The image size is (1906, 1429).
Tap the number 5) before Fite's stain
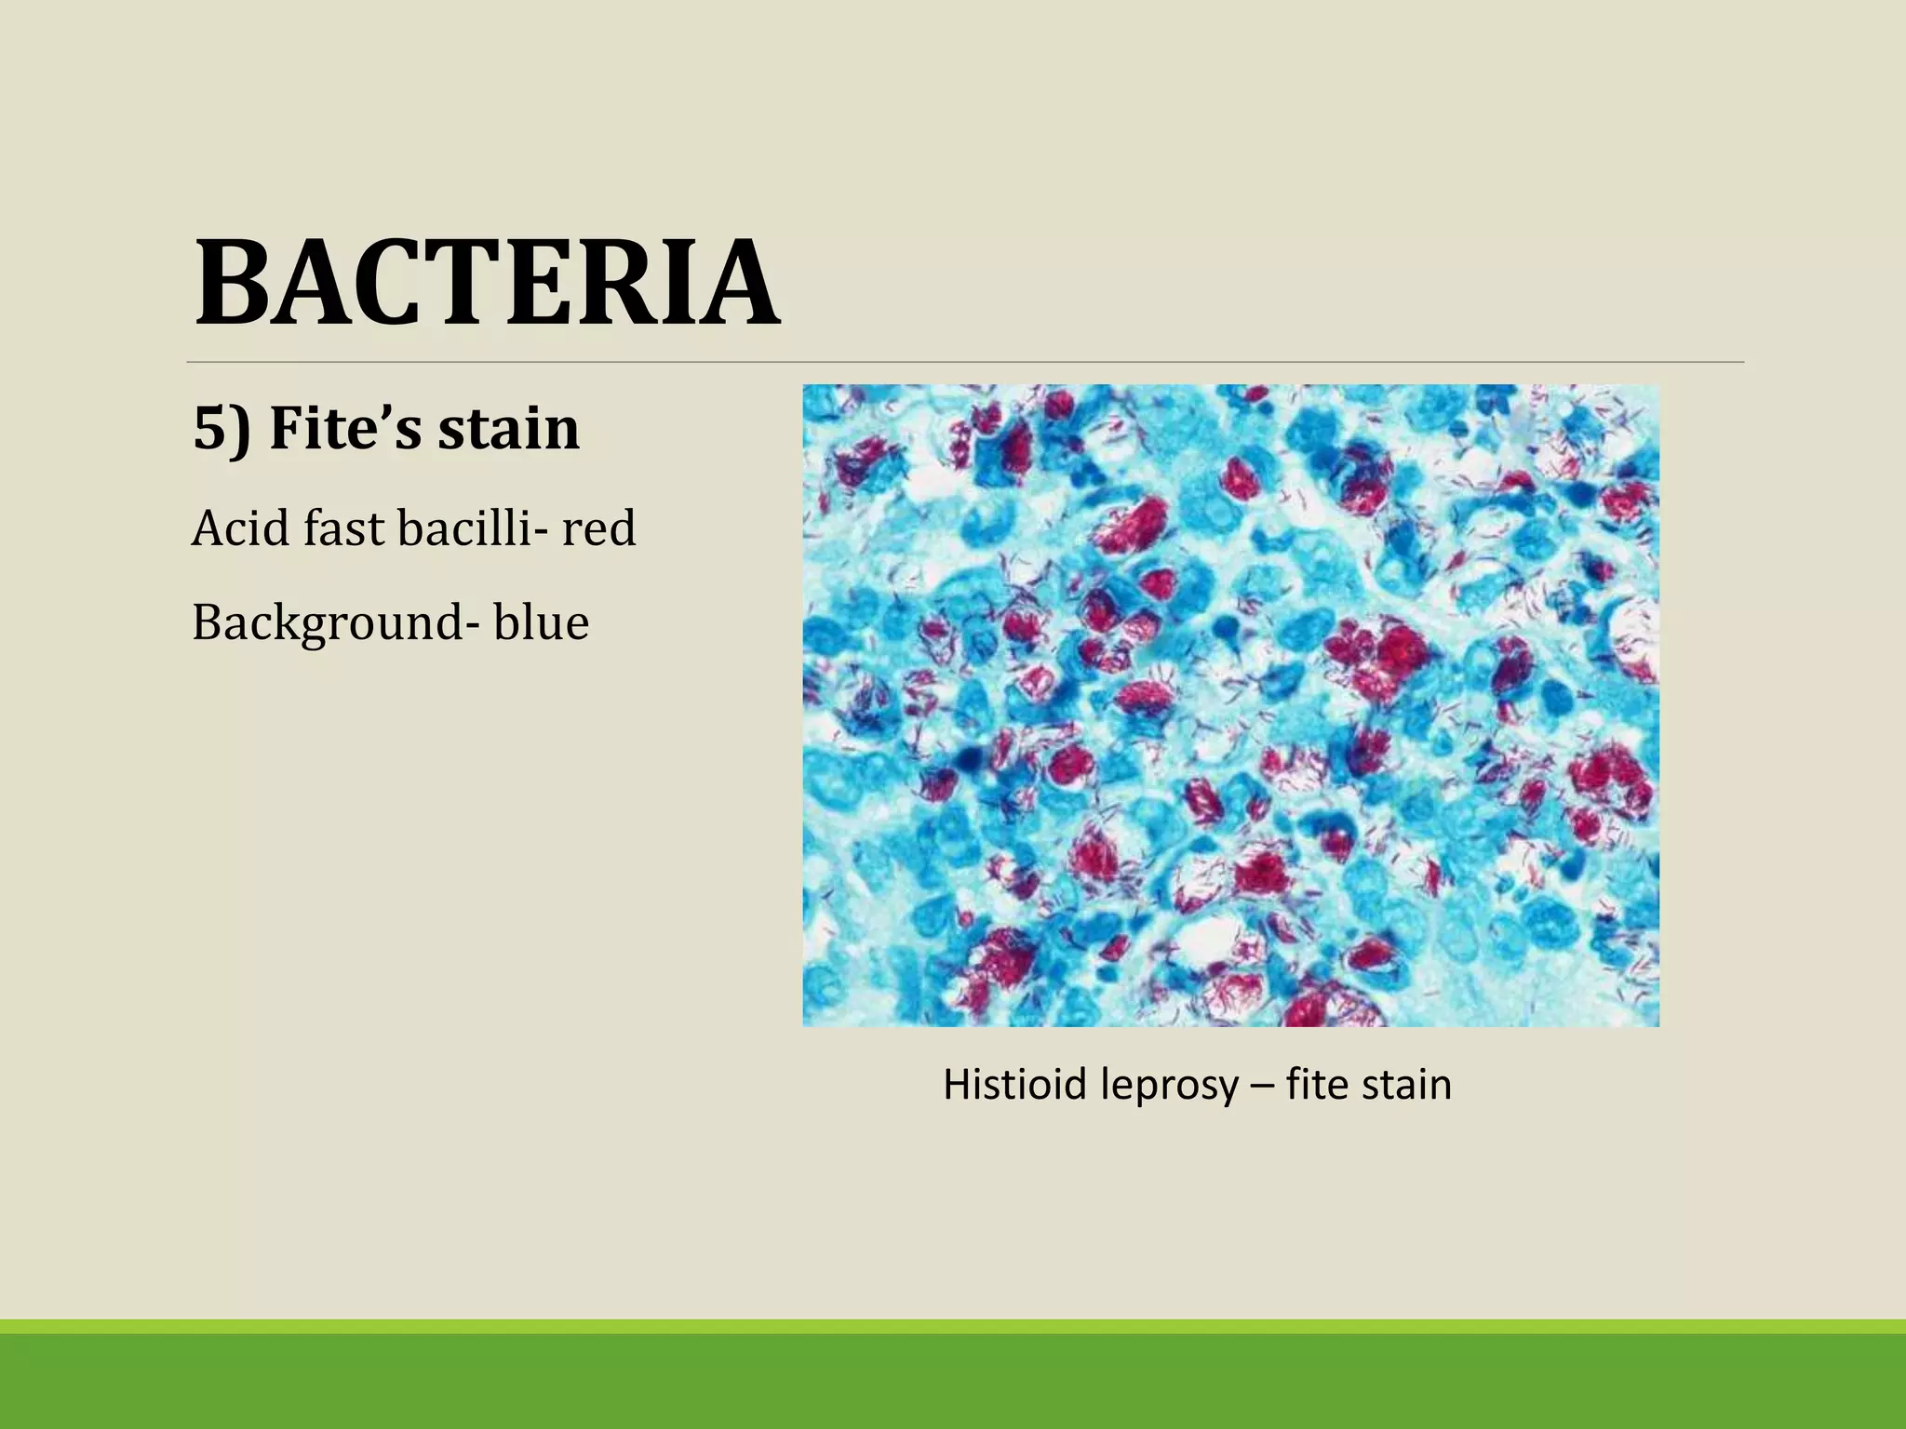221,429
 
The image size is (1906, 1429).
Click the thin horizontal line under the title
965,362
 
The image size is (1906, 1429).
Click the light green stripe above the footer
953,1327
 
